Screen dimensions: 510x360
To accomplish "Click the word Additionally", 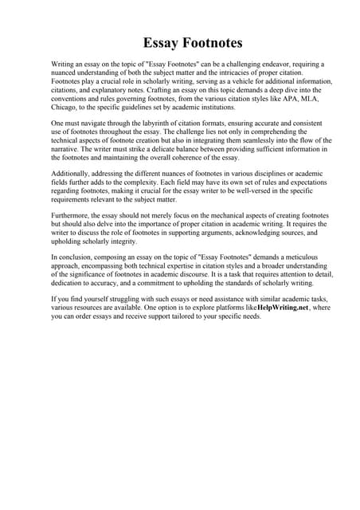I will point(72,176).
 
